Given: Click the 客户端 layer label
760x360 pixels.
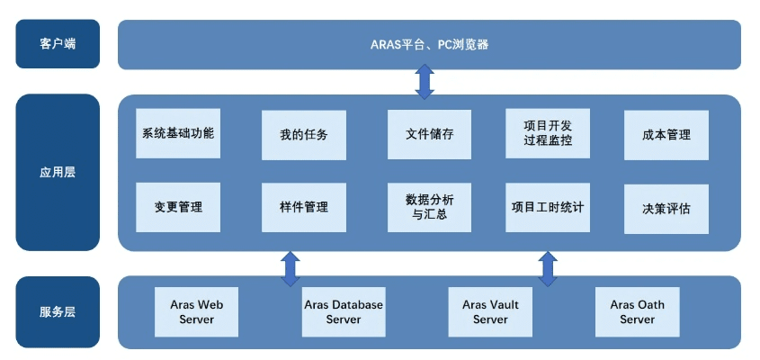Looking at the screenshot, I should point(58,44).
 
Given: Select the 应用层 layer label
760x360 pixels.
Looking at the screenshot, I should point(58,172).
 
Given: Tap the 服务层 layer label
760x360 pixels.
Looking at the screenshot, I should point(58,312).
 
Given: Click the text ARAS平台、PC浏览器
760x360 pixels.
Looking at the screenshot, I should point(430,44).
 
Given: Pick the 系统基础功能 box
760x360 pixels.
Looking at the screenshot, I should point(178,134).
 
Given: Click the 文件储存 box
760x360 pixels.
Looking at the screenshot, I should point(430,134).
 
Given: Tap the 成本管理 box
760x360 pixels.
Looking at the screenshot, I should point(666,135).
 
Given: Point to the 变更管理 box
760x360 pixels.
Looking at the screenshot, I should point(178,207).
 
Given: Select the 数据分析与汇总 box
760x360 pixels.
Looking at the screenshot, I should point(430,208).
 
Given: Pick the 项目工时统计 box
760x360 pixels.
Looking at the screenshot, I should point(548,207).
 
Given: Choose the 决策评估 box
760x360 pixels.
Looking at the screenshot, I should point(666,209).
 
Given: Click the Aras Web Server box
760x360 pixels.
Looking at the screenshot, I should point(197,311).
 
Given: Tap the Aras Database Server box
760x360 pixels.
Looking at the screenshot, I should point(344,311).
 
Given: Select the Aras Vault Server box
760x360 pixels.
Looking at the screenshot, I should point(490,311).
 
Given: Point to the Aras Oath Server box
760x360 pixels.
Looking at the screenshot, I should point(637,311).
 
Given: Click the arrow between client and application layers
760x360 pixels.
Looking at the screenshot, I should point(425,82).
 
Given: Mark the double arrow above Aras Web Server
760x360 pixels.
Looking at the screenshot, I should point(291,268).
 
